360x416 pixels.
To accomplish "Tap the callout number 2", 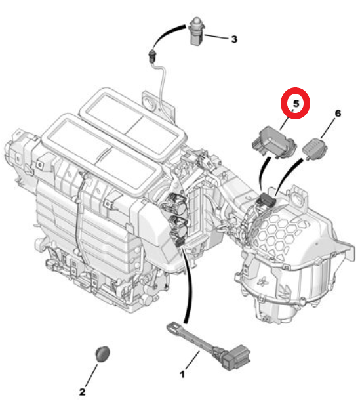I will coord(82,392).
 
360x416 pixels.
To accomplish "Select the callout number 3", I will coord(233,39).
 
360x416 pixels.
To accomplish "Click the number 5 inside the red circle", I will coord(295,104).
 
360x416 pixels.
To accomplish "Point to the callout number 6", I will coord(338,114).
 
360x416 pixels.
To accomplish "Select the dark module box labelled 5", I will coord(271,138).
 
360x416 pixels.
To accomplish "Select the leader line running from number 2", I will coord(91,373).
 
